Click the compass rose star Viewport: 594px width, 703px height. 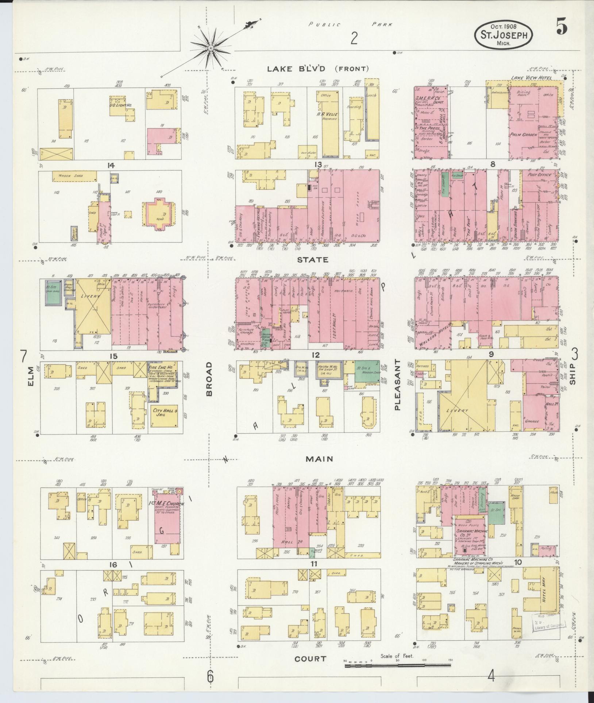pyautogui.click(x=211, y=48)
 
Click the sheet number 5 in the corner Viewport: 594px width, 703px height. pyautogui.click(x=562, y=27)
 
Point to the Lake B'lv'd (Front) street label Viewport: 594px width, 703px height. pyautogui.click(x=318, y=69)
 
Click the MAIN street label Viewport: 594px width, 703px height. pyautogui.click(x=319, y=459)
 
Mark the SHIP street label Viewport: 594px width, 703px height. pyautogui.click(x=572, y=374)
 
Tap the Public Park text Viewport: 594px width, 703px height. pyautogui.click(x=351, y=25)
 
